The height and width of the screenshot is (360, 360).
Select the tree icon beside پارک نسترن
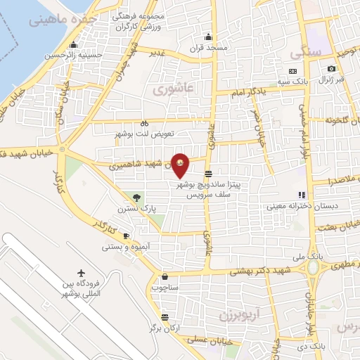point(136,198)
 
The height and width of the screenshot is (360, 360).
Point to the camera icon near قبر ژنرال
point(331,69)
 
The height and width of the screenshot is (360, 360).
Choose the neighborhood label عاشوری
point(169,89)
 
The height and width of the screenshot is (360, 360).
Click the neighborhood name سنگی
point(309,52)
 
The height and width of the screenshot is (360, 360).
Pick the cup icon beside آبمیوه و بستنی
point(126,236)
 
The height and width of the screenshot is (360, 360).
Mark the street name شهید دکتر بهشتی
point(262,271)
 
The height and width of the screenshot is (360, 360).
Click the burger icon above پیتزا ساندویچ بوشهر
point(208,173)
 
